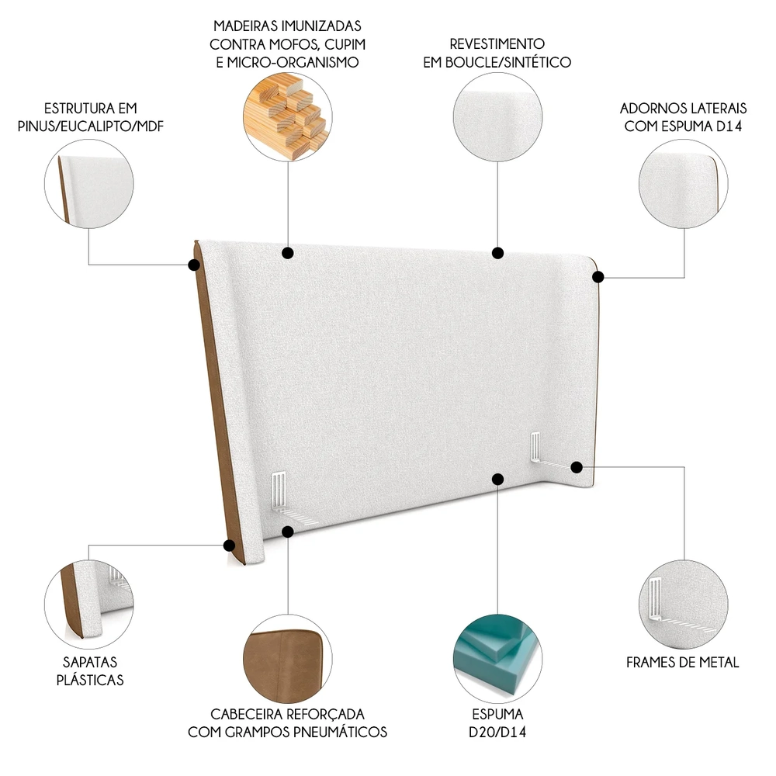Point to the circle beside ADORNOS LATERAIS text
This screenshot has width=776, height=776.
tap(684, 184)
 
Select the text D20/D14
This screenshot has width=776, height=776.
tap(497, 732)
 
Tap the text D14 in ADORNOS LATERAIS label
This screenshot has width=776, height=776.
tap(729, 125)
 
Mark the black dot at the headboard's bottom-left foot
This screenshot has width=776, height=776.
tap(230, 545)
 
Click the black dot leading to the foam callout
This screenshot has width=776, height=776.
tap(498, 479)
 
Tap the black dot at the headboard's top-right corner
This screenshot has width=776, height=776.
tap(599, 275)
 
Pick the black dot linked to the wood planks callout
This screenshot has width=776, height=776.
tap(288, 252)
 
